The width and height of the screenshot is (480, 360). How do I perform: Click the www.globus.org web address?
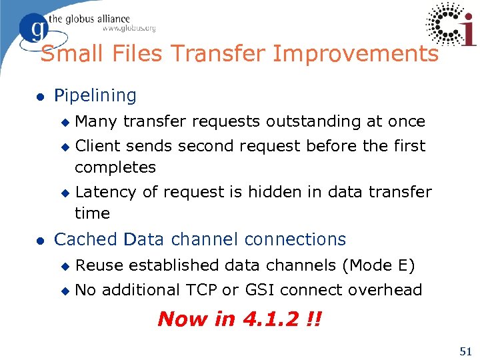pyautogui.click(x=128, y=29)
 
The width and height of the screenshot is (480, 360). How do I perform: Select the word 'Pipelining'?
pyautogui.click(x=95, y=96)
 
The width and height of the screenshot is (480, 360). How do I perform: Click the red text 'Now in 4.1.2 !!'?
pyautogui.click(x=239, y=319)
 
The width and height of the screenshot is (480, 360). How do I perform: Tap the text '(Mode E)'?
pyautogui.click(x=378, y=265)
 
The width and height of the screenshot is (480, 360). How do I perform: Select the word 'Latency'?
pyautogui.click(x=107, y=193)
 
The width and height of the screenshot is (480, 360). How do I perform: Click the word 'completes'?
pyautogui.click(x=115, y=167)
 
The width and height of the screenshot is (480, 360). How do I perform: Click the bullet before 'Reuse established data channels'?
pyautogui.click(x=65, y=266)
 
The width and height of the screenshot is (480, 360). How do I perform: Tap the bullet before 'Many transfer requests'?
pyautogui.click(x=65, y=122)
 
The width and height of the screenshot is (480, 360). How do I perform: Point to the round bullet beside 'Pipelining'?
pyautogui.click(x=41, y=97)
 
